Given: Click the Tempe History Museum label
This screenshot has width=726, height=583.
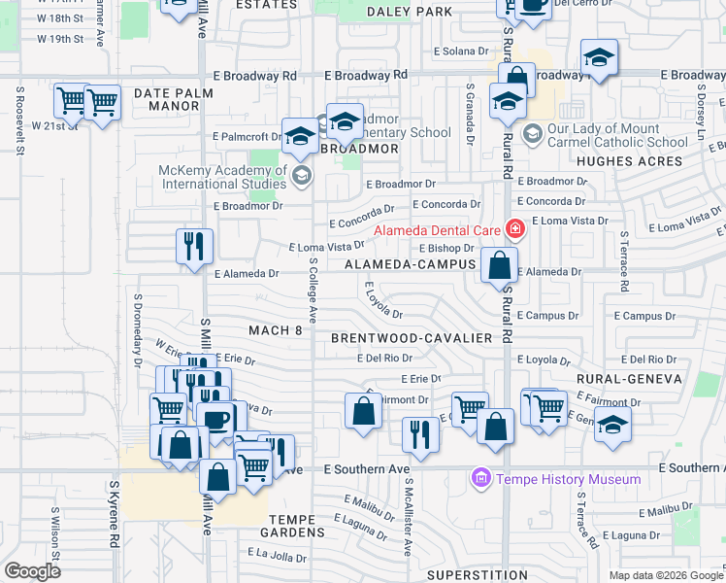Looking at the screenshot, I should coord(568,479).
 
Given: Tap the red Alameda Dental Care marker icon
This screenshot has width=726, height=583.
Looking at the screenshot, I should coord(514,229).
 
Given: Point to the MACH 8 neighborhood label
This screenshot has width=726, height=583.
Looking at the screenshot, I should coord(276,330).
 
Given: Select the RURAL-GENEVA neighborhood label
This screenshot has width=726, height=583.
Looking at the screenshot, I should coord(624,379).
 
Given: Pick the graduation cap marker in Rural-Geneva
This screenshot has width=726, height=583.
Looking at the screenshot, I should coord(612,425).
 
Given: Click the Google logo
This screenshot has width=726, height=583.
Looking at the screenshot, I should coord(32,571).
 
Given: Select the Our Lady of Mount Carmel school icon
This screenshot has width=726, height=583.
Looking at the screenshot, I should coord(533,130).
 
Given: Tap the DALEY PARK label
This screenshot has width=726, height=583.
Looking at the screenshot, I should coord(410,12).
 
